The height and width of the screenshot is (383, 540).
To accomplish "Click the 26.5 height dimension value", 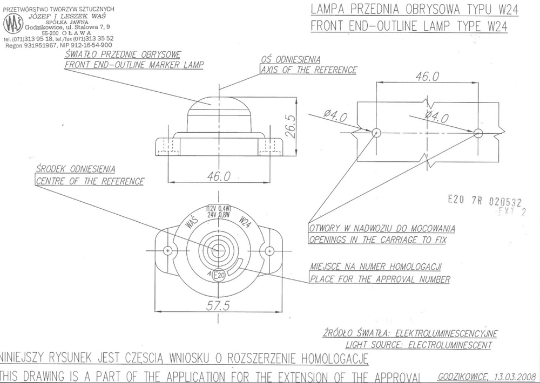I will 290,126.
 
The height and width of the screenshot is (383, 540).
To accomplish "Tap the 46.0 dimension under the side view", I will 219,176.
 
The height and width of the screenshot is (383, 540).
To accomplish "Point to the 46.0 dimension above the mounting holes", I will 427,77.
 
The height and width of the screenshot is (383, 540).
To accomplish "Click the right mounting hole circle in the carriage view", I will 477,132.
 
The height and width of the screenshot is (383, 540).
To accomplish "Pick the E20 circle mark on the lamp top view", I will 218,275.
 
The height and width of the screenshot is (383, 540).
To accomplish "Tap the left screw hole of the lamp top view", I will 168,251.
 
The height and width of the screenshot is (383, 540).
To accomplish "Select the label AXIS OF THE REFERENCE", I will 308,70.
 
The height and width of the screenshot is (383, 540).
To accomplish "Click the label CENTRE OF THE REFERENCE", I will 90,181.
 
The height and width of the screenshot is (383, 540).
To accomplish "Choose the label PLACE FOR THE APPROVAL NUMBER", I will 380,279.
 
